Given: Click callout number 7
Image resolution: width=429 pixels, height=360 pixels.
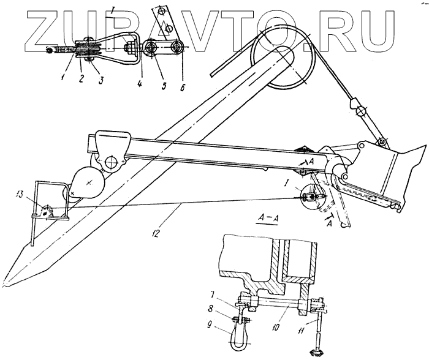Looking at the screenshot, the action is [228, 293].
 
